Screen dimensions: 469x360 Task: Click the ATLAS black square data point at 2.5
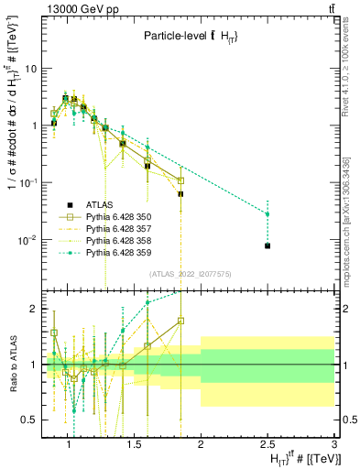(267, 245)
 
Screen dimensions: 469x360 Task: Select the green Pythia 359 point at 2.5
(267, 213)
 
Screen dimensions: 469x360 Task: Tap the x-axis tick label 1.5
(134, 445)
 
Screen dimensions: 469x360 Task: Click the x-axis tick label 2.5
(267, 445)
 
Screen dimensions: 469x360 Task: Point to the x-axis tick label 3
(334, 445)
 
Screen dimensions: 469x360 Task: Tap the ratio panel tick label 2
(33, 309)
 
